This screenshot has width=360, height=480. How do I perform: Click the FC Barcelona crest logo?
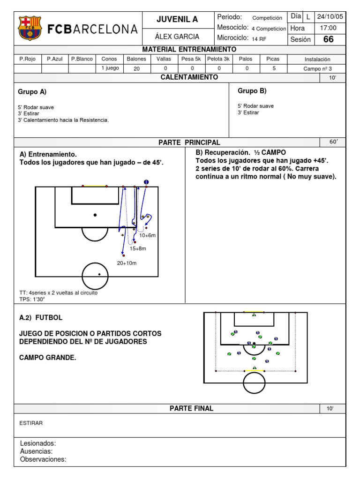pos(30,28)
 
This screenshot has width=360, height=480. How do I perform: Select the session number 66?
pos(329,39)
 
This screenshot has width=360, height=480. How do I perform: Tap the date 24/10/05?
pos(330,16)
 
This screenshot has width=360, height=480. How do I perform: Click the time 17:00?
pos(328,28)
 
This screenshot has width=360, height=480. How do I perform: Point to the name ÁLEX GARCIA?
pos(177,37)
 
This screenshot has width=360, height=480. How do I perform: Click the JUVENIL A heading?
pos(177,19)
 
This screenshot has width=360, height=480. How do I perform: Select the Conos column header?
pos(109,59)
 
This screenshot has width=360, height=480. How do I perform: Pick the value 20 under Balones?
pos(136,68)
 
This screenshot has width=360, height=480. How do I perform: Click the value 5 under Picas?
pos(274,68)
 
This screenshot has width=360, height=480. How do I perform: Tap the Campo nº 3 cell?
pos(317,68)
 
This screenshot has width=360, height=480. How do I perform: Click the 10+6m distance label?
pos(147,235)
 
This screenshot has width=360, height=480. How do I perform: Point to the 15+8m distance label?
pos(138,248)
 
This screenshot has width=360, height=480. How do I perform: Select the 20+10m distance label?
pos(127,263)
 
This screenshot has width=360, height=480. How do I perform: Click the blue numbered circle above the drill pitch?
pos(146,182)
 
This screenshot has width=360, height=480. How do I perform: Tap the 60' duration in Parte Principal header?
pos(333,142)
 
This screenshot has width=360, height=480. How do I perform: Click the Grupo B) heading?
pos(252,91)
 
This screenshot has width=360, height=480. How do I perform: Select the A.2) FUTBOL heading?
pos(41,317)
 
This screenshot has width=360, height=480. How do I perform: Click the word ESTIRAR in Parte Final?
pos(31,423)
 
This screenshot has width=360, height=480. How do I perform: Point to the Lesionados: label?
pos(38,443)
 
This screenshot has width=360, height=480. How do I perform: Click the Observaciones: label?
pos(43,459)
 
